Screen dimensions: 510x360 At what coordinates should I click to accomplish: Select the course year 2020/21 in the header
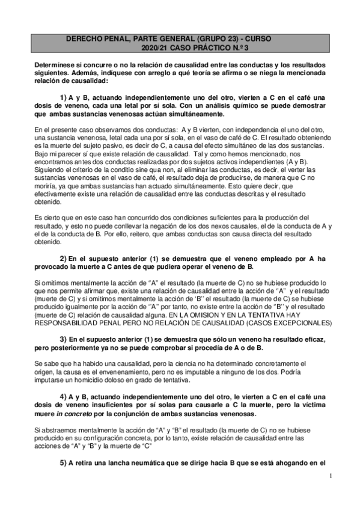coord(154,47)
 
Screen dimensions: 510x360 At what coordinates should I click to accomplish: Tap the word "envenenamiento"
coord(105,373)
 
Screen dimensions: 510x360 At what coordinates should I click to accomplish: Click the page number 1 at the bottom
coord(331,479)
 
